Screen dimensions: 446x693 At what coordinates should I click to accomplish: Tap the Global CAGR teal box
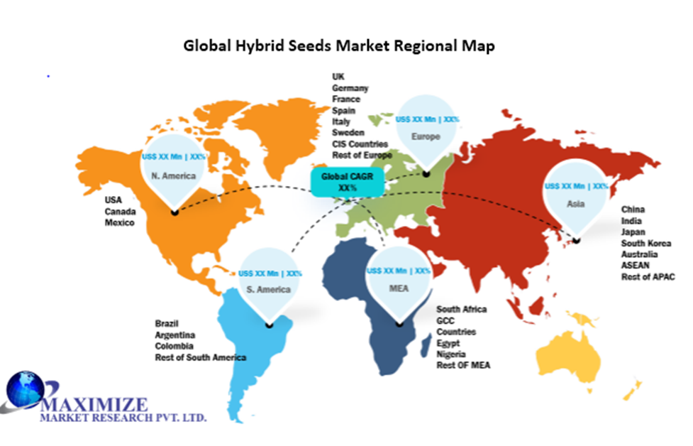coord(348,182)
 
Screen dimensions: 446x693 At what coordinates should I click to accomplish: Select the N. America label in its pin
coord(174,176)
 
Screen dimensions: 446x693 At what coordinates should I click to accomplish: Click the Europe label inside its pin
coord(427,136)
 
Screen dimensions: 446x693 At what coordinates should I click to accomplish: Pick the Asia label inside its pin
coord(576,204)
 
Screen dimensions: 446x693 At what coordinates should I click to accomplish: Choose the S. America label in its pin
coord(270,289)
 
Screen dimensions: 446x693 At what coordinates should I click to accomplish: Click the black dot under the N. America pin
coord(174,211)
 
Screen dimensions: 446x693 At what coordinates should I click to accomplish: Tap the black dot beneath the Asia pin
coord(577,240)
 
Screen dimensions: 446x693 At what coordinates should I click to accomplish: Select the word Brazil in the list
coord(167,324)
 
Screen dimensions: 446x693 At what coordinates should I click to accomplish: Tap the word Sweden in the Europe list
coord(348,133)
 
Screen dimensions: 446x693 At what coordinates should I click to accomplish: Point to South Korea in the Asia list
coord(645,243)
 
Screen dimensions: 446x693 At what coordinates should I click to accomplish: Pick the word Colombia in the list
coord(174,346)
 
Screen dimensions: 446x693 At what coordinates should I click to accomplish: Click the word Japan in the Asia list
coord(633,232)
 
